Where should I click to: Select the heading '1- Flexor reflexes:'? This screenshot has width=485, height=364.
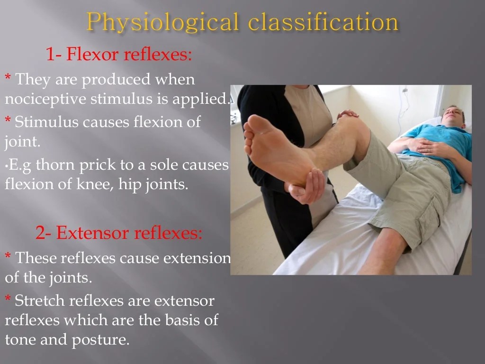tap(119, 55)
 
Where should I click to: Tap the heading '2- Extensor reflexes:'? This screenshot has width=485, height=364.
tap(119, 233)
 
